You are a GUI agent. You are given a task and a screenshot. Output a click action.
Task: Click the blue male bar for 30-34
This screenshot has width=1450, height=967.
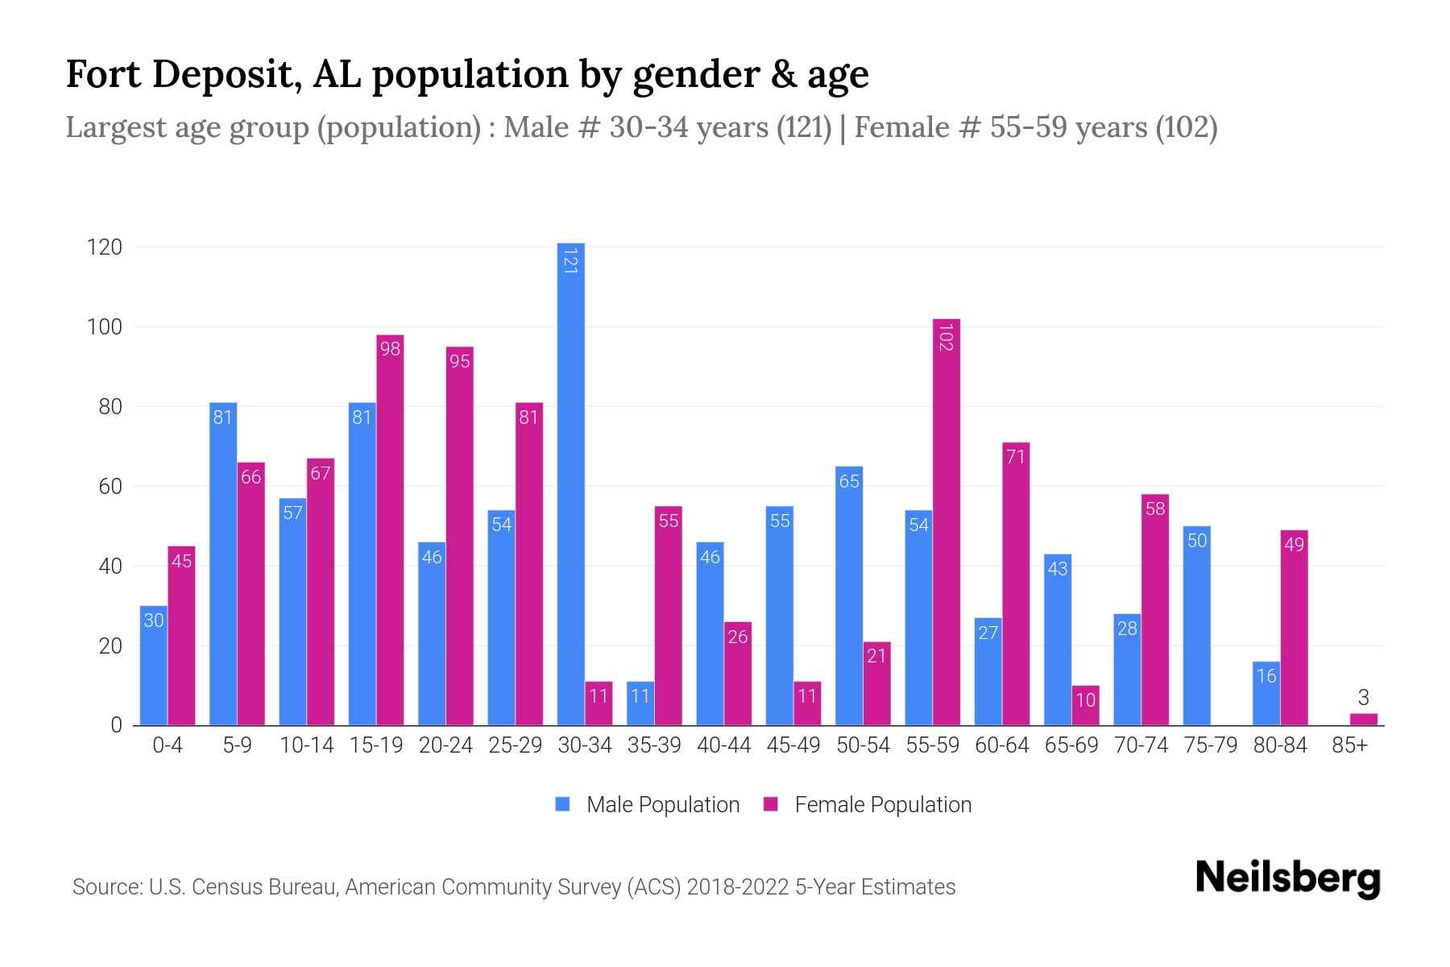tap(571, 483)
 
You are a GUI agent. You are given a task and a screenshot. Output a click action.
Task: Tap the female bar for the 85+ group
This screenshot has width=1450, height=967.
tap(1364, 719)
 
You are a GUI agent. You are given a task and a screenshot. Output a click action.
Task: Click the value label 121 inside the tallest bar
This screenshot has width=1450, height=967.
tap(571, 261)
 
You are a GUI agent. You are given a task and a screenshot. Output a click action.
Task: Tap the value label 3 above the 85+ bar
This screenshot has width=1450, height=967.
tap(1363, 698)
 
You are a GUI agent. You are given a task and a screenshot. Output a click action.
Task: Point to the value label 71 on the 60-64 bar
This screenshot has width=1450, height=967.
tap(1016, 457)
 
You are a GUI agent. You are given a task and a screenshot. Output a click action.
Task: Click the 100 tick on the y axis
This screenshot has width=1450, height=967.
tap(105, 327)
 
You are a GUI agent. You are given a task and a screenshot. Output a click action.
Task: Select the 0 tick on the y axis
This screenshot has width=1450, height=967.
tap(117, 725)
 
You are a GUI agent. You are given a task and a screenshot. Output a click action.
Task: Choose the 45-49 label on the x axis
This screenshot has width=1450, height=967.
tap(793, 745)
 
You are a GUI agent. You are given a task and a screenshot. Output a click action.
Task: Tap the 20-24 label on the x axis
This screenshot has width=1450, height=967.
tap(445, 745)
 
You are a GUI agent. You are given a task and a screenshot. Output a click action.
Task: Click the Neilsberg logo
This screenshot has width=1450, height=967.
tap(1288, 878)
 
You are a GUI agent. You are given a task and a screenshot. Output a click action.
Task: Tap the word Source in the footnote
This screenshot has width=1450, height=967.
tap(106, 887)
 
